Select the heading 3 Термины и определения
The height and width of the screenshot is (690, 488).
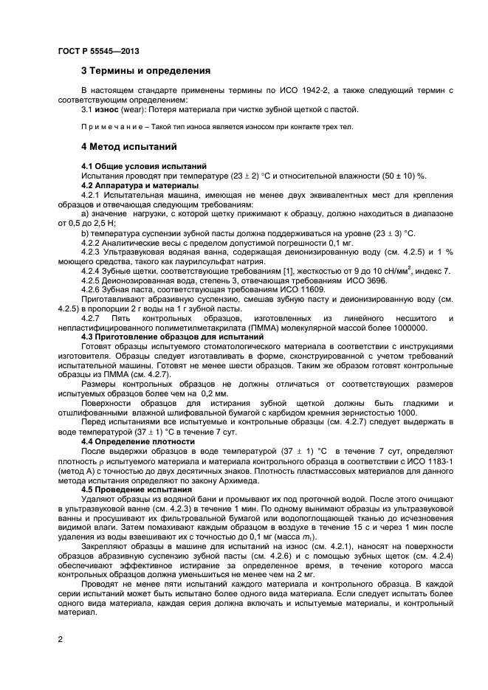(x=145, y=71)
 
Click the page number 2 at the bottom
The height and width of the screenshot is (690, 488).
(x=60, y=641)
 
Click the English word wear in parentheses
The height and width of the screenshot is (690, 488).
(x=129, y=110)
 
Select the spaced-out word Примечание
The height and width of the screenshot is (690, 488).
(x=111, y=126)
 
